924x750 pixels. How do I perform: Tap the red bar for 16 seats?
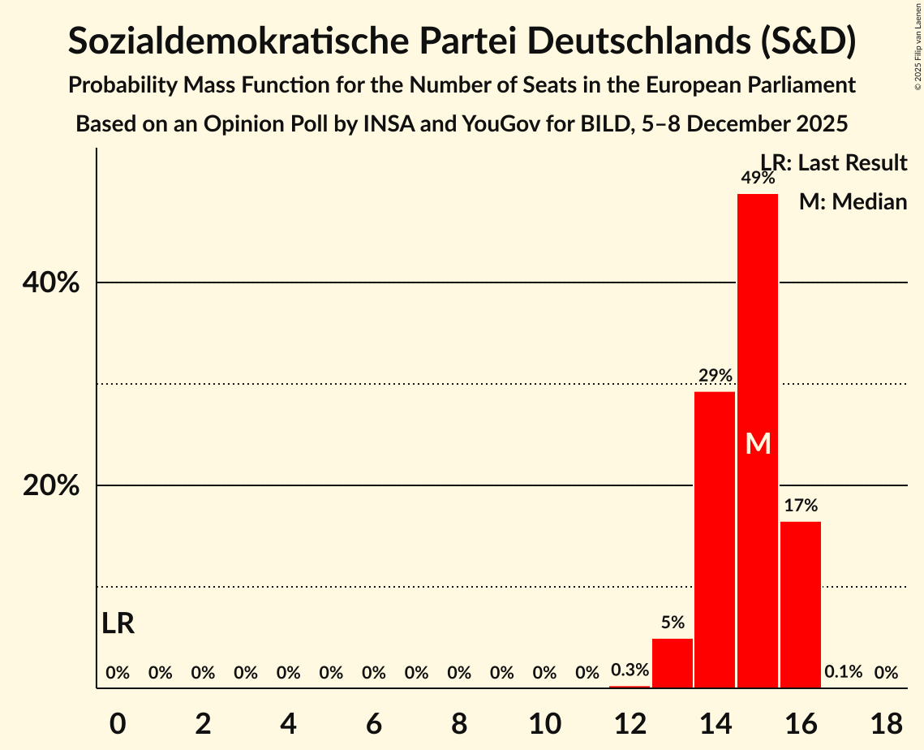tap(801, 605)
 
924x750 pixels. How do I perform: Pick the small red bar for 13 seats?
tap(673, 663)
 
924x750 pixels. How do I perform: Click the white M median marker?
tap(758, 443)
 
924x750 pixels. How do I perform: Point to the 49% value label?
tap(757, 178)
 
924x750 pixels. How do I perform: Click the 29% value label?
tap(716, 376)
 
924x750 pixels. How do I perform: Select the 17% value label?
tap(801, 506)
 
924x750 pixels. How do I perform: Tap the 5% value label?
tap(673, 623)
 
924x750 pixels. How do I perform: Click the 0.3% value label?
tap(630, 670)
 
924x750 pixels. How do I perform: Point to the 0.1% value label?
tap(843, 672)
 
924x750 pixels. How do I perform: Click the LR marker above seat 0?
tap(118, 623)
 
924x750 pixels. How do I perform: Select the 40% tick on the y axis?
tap(51, 283)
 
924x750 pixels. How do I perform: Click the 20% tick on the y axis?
tap(51, 486)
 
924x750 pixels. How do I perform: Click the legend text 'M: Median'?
tap(853, 201)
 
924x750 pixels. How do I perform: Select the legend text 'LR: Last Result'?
tap(834, 163)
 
